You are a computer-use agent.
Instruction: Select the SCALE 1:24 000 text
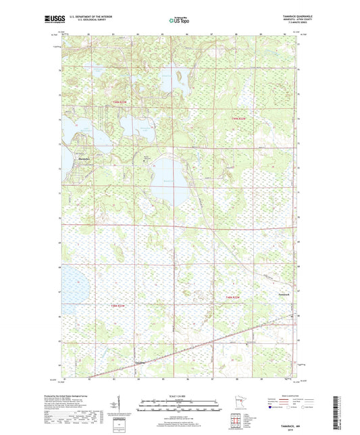click(x=180, y=396)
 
